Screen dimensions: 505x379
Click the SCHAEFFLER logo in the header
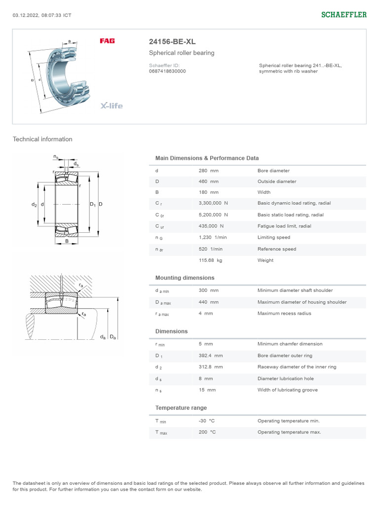pyautogui.click(x=344, y=15)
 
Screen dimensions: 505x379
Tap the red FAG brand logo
pyautogui.click(x=107, y=41)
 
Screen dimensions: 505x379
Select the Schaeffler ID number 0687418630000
pyautogui.click(x=167, y=71)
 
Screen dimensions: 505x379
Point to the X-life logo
pyautogui.click(x=112, y=106)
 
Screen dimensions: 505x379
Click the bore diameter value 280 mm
pyautogui.click(x=208, y=171)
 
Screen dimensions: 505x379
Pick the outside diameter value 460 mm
pyautogui.click(x=208, y=181)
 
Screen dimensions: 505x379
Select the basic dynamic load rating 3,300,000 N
pyautogui.click(x=213, y=203)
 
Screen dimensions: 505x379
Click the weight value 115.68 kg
pyautogui.click(x=210, y=260)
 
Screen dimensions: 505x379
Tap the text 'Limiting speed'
pyautogui.click(x=274, y=237)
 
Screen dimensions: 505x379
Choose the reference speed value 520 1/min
pyautogui.click(x=210, y=249)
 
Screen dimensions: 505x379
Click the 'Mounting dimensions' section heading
pyautogui.click(x=185, y=278)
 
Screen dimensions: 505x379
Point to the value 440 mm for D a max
pyautogui.click(x=208, y=302)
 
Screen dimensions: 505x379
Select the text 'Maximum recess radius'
pyautogui.click(x=284, y=313)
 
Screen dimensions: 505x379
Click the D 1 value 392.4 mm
pyautogui.click(x=211, y=356)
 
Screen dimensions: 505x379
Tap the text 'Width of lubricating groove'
pyautogui.click(x=288, y=390)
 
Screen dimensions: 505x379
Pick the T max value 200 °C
pyautogui.click(x=207, y=432)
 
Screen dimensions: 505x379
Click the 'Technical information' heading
pyautogui.click(x=42, y=139)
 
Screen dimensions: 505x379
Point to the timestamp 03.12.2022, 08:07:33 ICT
pyautogui.click(x=42, y=15)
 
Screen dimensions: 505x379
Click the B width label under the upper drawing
pyautogui.click(x=67, y=241)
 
